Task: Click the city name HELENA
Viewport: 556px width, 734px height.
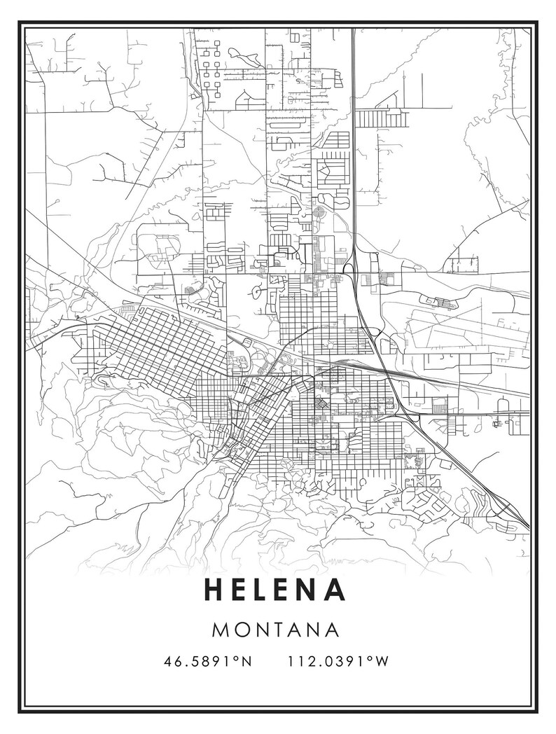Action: coord(275,590)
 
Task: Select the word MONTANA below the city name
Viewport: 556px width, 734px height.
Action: coord(275,629)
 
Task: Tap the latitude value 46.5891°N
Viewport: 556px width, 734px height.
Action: coord(208,660)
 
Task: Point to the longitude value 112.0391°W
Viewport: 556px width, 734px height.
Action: coord(338,660)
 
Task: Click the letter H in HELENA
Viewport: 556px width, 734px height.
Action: coord(213,590)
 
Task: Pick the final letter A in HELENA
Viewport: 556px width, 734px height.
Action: coord(336,590)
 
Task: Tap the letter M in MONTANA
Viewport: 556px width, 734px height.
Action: coord(220,629)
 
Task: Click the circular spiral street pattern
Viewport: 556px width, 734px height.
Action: coord(320,211)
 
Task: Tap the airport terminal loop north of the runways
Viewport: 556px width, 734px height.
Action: coord(444,303)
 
